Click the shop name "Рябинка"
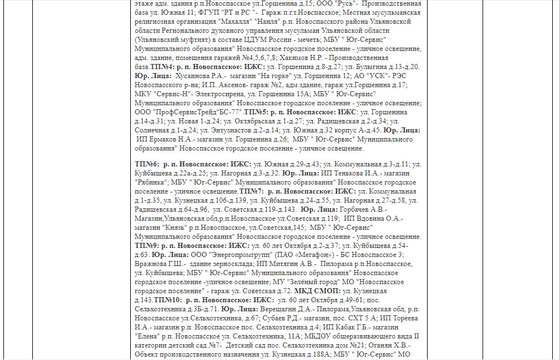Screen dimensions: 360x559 point(152,182)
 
